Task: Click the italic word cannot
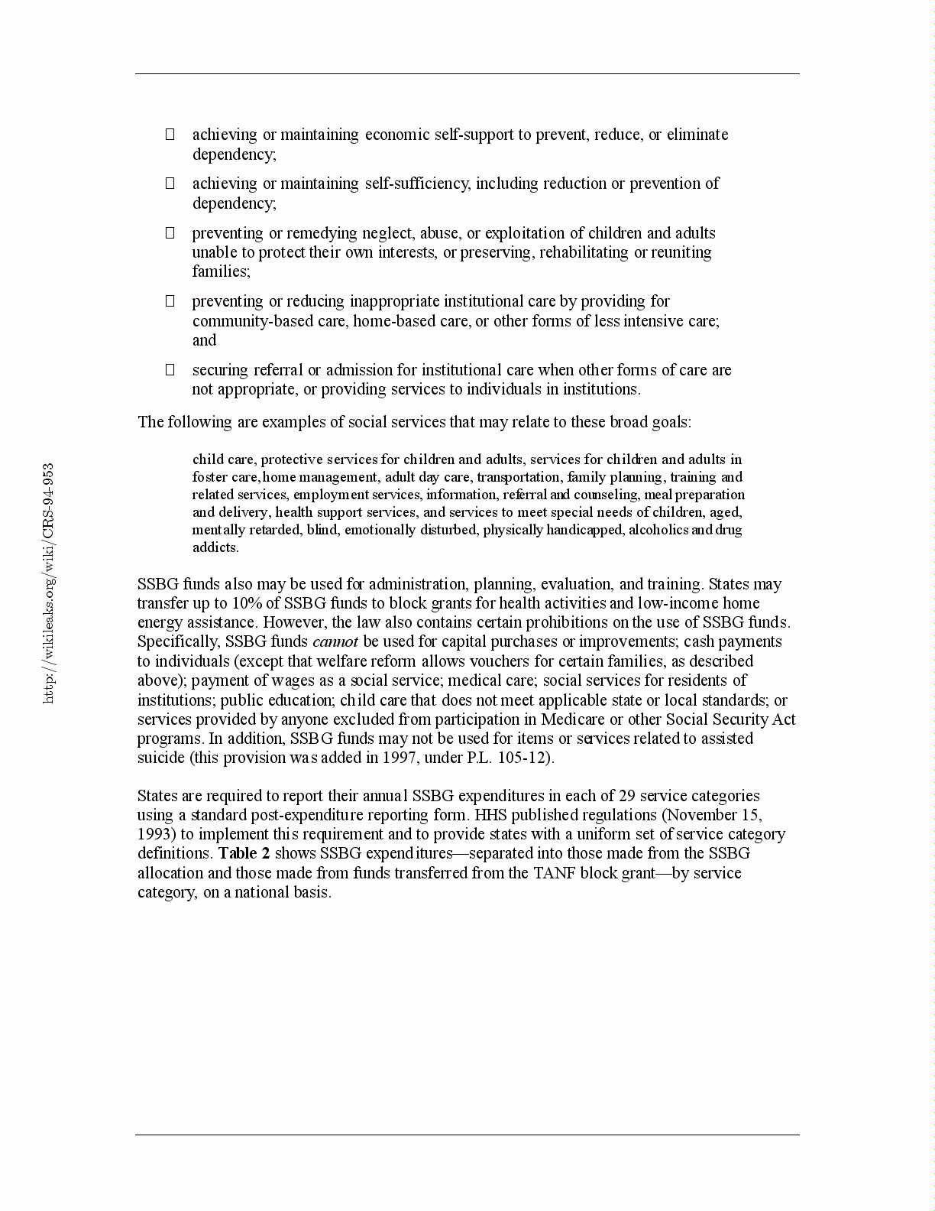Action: click(335, 641)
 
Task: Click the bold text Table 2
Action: click(244, 853)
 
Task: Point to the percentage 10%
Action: click(246, 603)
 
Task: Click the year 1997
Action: click(399, 758)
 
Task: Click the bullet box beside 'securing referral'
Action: click(170, 370)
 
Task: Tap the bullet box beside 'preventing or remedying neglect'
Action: click(170, 233)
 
